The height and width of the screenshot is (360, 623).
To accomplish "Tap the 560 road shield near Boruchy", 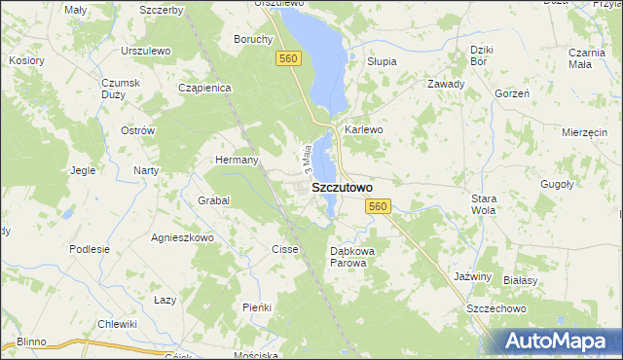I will [287, 60].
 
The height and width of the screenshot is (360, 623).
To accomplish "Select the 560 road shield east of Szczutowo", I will [379, 206].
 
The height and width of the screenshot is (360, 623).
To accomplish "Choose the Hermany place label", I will [237, 160].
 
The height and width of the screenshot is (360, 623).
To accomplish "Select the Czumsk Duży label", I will [116, 89].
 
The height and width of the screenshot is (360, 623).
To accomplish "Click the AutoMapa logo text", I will [557, 342].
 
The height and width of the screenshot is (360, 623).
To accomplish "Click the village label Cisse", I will [285, 249].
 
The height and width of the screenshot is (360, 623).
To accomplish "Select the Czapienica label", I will [204, 88].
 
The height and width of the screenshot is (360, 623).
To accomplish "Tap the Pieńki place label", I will [256, 307].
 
